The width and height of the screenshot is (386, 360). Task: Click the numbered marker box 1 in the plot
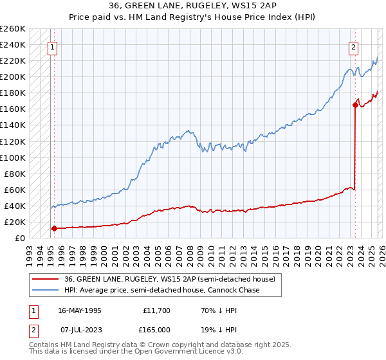(x=52, y=46)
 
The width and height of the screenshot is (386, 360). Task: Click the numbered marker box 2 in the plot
(x=354, y=46)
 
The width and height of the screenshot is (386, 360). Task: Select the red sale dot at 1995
(x=54, y=228)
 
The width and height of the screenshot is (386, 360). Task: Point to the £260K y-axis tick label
(x=13, y=29)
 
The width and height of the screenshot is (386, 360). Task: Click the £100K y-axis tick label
(x=13, y=157)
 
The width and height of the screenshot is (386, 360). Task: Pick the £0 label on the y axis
(x=19, y=238)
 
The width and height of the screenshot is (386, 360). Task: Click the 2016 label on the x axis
(x=275, y=251)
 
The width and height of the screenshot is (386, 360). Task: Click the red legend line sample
(x=46, y=279)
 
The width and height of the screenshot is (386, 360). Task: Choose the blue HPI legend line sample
(x=46, y=290)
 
